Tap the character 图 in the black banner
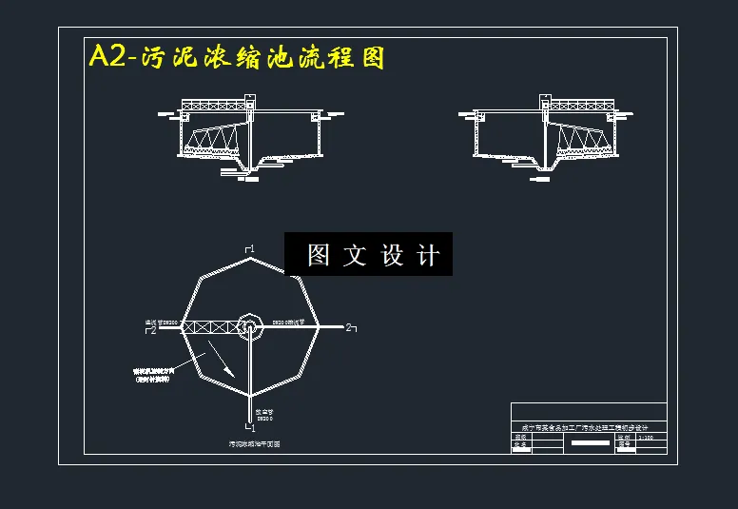[x=318, y=255]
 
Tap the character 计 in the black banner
[x=429, y=255]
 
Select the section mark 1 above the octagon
[x=250, y=249]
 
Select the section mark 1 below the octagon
[x=251, y=428]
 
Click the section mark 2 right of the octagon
[x=349, y=328]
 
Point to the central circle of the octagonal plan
[x=249, y=326]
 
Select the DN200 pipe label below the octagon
[x=262, y=416]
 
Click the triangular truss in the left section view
[x=212, y=141]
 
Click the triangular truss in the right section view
[x=581, y=141]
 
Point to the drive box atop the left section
[x=250, y=99]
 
